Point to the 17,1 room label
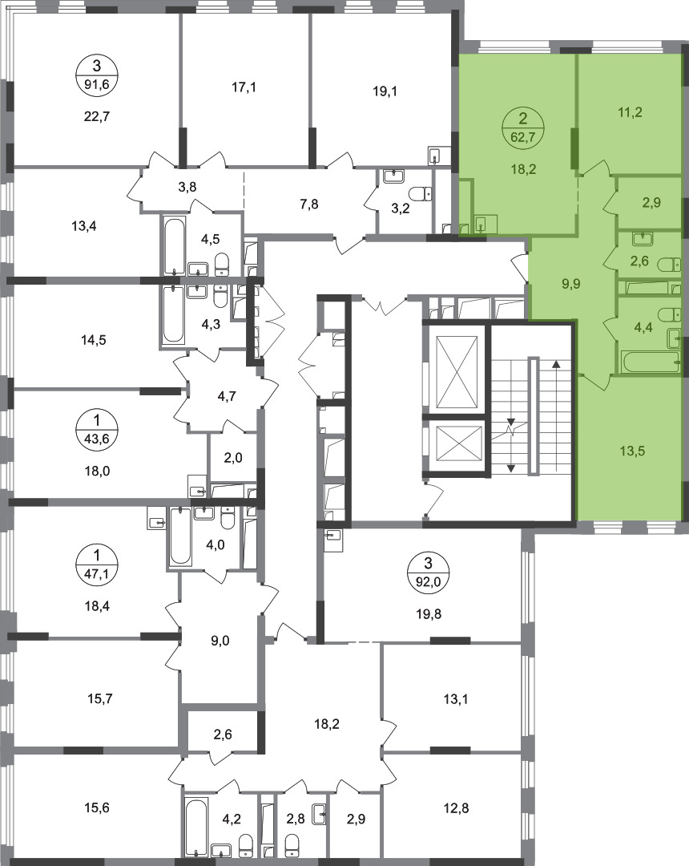coord(244,87)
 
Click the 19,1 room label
coord(385,91)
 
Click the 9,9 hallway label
coord(570,285)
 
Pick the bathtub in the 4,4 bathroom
coord(651,362)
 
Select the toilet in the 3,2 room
coord(422,194)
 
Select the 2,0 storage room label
coord(233,458)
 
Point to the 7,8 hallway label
coord(309,204)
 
